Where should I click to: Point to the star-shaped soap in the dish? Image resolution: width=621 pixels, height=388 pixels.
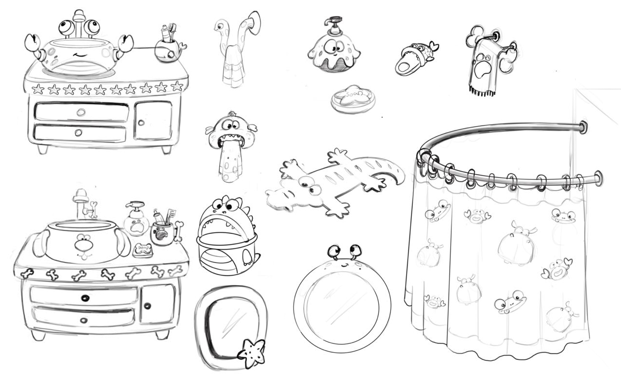coord(353,97)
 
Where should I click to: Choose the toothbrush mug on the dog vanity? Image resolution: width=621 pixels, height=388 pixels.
coord(163,233)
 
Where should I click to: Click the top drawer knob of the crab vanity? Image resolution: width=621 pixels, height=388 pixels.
coord(81,112)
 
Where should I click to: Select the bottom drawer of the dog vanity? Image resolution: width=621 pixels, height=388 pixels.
coord(82,319)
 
